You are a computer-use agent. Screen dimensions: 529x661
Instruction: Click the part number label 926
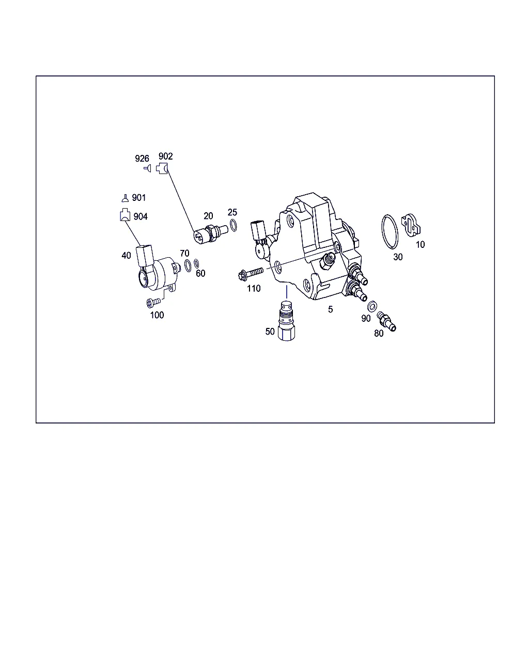[x=142, y=159]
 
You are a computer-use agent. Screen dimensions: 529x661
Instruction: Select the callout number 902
[x=165, y=156]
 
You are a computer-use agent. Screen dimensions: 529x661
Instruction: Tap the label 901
[x=138, y=197]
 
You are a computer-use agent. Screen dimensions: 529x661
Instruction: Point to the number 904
[x=141, y=216]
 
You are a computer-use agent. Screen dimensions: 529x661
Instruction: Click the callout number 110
[x=254, y=289]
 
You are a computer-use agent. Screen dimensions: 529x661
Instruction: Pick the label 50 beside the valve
[x=270, y=332]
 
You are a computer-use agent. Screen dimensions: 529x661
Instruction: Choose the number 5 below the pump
[x=331, y=309]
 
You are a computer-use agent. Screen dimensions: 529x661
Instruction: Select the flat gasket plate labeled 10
[x=411, y=225]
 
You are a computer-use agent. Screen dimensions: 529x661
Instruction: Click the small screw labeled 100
[x=153, y=302]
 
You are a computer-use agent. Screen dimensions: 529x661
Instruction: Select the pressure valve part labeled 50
[x=286, y=321]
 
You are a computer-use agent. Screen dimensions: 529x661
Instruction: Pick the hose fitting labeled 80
[x=386, y=322]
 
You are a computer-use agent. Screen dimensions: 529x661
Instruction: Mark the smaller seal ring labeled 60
[x=196, y=263]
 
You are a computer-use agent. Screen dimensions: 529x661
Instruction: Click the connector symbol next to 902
[x=162, y=168]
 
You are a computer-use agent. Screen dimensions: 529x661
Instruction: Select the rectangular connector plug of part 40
[x=145, y=256]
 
